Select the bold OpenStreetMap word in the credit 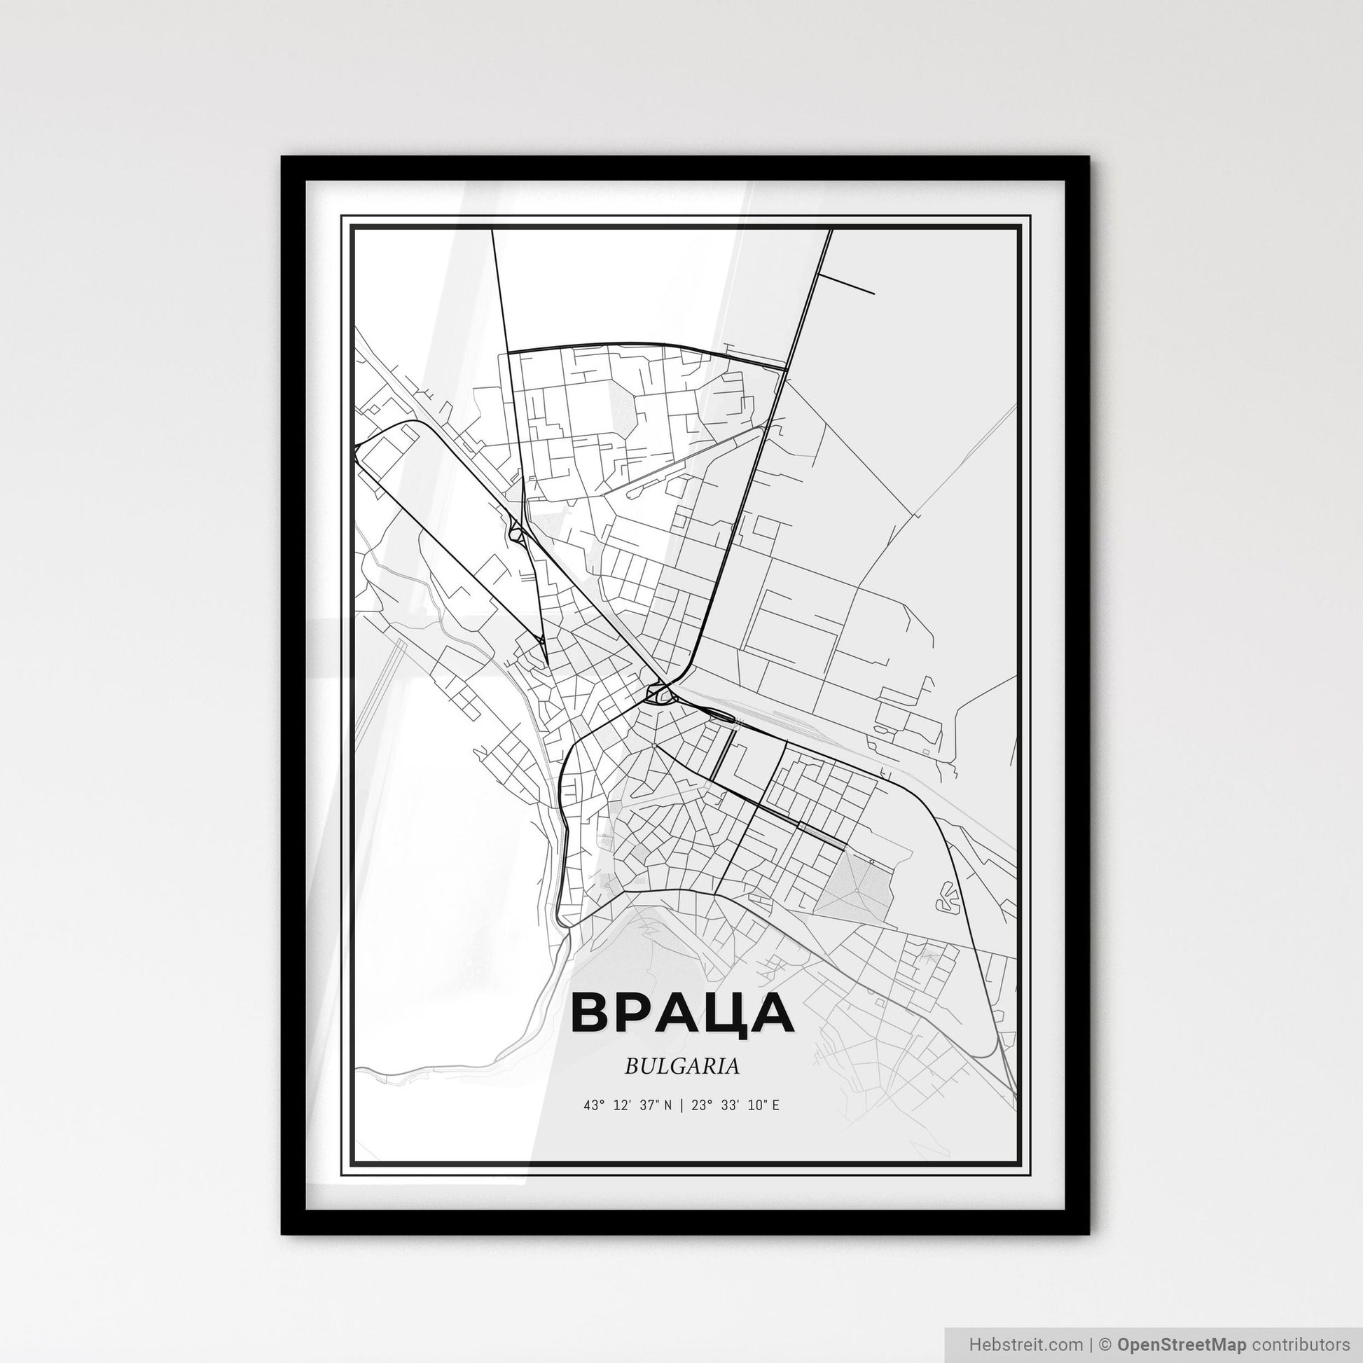click(x=1182, y=1343)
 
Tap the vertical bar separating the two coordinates click(x=681, y=1105)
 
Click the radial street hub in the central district click(x=654, y=745)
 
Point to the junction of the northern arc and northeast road click(x=787, y=368)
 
